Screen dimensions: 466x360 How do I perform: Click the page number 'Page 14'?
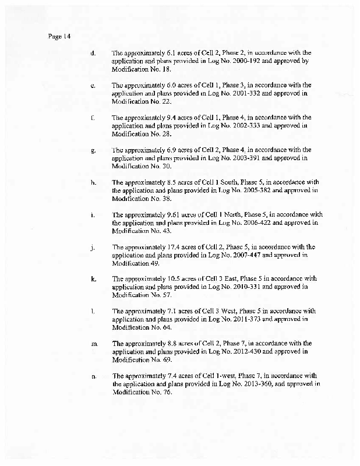pos(59,36)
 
